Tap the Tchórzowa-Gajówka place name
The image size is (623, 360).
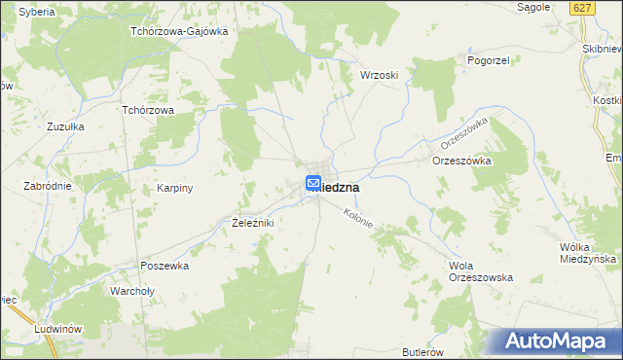pyautogui.click(x=179, y=31)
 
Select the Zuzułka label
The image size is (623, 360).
pyautogui.click(x=66, y=126)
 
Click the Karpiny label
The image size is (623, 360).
pyautogui.click(x=176, y=188)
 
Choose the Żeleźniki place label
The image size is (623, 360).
pyautogui.click(x=252, y=224)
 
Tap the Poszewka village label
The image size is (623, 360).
pyautogui.click(x=164, y=266)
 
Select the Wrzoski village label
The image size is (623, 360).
pyautogui.click(x=379, y=75)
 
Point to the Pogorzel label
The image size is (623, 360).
pyautogui.click(x=462, y=60)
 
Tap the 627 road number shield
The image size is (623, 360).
pyautogui.click(x=582, y=8)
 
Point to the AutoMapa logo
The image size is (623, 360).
pyautogui.click(x=556, y=342)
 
